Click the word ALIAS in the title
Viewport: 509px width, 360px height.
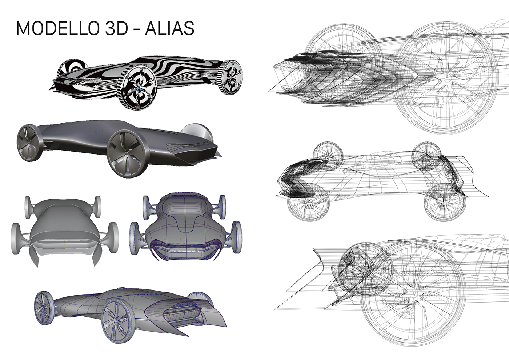169,28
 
